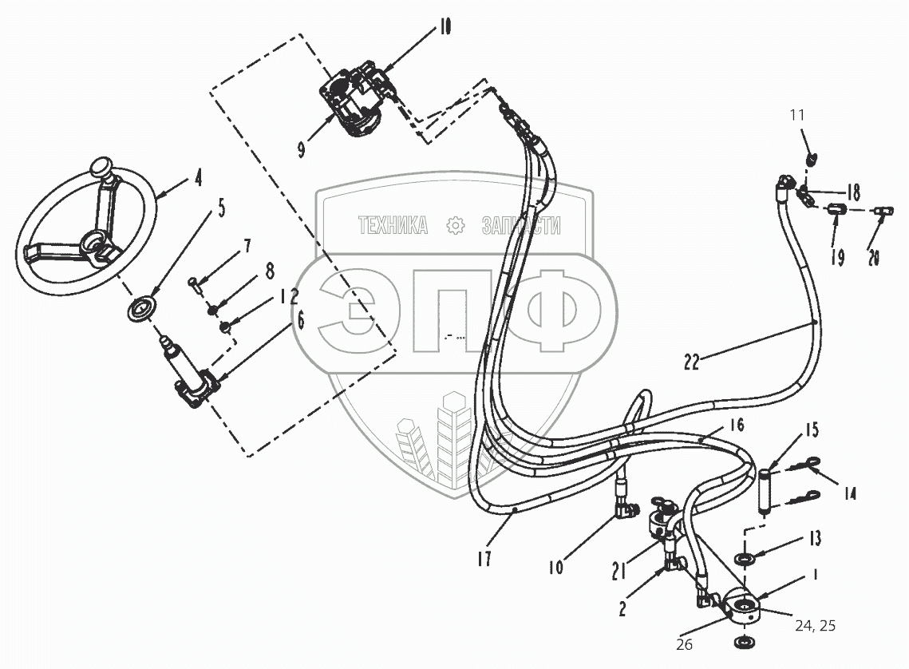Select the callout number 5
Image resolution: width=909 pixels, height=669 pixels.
221,210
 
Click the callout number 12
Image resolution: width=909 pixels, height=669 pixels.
289,298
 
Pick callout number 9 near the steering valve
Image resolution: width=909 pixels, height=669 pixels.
301,150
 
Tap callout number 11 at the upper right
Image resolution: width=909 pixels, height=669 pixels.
798,117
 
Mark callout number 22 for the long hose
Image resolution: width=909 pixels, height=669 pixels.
691,362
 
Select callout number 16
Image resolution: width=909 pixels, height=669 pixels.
736,425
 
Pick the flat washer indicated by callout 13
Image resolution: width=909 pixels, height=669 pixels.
741,557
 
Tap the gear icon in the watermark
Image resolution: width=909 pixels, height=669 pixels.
456,226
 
